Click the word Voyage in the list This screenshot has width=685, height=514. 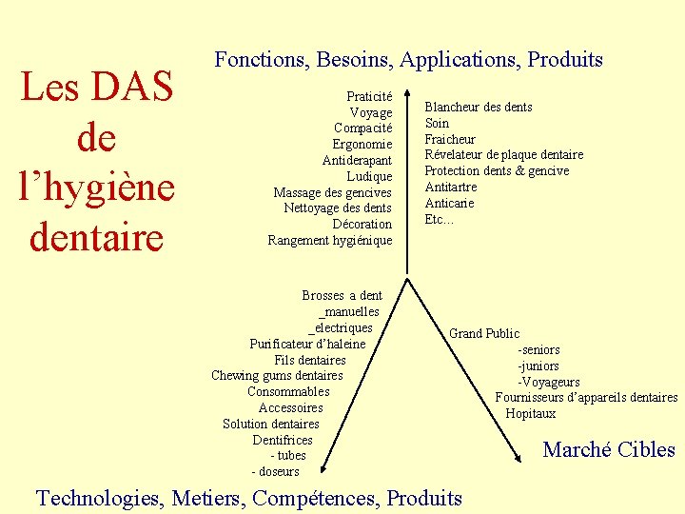click(370, 112)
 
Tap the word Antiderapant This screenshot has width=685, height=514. click(357, 160)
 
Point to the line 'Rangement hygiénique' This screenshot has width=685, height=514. click(330, 240)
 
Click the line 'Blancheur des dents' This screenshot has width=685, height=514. click(478, 107)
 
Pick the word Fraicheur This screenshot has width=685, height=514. click(449, 139)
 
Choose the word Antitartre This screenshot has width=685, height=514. click(450, 187)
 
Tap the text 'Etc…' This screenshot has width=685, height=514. click(439, 219)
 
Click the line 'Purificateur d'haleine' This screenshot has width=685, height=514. click(307, 344)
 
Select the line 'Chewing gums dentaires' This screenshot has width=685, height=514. click(277, 376)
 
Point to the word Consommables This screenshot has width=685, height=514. click(288, 391)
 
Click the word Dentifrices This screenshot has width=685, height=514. click(283, 440)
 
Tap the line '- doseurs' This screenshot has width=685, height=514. click(275, 471)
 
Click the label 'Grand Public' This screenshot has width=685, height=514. click(484, 333)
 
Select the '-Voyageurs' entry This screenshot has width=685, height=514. click(548, 382)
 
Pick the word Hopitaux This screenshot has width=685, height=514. click(530, 414)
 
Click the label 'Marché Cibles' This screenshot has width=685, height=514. click(608, 449)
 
